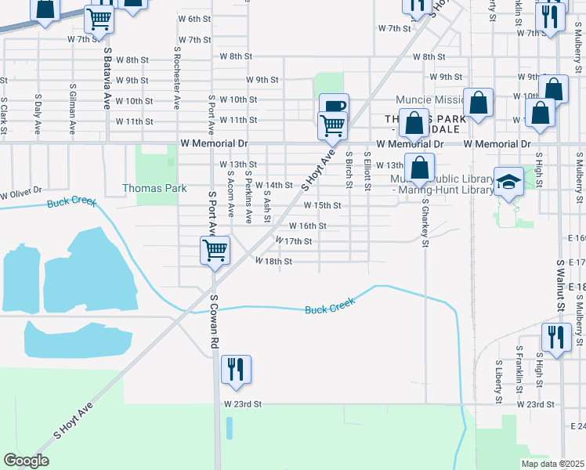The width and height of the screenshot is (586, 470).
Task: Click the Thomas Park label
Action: click(x=154, y=189)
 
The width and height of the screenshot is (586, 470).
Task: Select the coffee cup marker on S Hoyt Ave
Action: click(x=335, y=107)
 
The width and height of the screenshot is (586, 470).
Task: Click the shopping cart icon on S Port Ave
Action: click(x=215, y=251)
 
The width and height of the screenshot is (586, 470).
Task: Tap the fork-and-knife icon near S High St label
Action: click(x=556, y=338)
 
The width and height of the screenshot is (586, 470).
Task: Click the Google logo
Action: click(x=26, y=461)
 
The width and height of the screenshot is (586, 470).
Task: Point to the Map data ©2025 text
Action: click(x=552, y=464)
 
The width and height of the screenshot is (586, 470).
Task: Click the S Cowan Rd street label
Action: click(x=213, y=322)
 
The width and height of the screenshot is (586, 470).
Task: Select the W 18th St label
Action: click(x=273, y=261)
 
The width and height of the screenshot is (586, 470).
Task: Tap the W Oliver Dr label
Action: click(x=20, y=191)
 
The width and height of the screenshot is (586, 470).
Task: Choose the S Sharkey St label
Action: click(x=425, y=222)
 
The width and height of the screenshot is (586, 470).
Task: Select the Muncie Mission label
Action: click(x=429, y=100)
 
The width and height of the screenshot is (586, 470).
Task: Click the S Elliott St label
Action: click(x=367, y=173)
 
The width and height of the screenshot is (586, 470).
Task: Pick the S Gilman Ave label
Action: click(x=72, y=110)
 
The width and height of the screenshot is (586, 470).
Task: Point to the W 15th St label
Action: click(x=323, y=205)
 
